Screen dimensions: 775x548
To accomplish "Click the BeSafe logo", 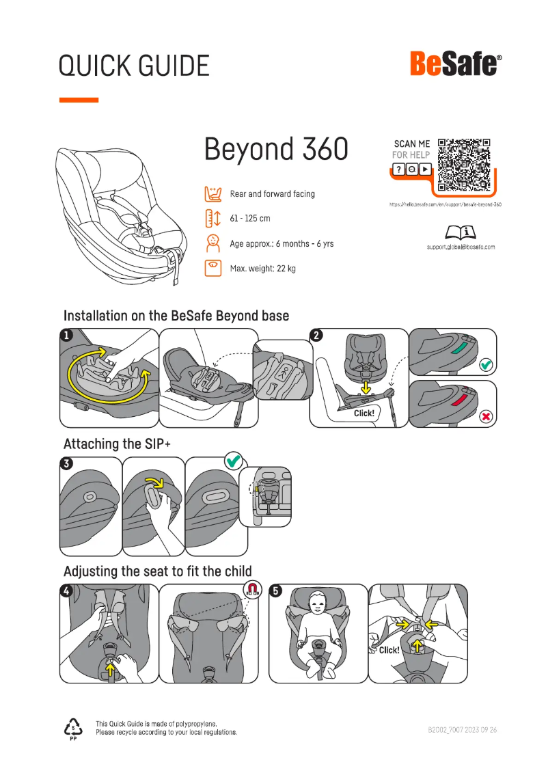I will pos(456,65).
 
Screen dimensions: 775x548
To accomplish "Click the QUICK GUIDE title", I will pos(134,66).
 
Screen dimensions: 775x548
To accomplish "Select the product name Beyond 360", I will pos(276,148).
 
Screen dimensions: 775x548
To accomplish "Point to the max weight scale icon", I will pos(213,268).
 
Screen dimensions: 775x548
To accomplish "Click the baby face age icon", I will pos(213,243).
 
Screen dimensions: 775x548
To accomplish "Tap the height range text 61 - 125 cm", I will pos(250,219).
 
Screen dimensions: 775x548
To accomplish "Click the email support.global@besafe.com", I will pos(456,247).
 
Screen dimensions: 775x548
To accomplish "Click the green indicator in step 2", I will pos(456,349).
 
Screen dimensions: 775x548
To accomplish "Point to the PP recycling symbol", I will pos(73,729).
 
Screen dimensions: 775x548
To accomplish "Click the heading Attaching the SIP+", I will pos(117,444).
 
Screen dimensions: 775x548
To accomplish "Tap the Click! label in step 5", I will pos(389,650).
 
